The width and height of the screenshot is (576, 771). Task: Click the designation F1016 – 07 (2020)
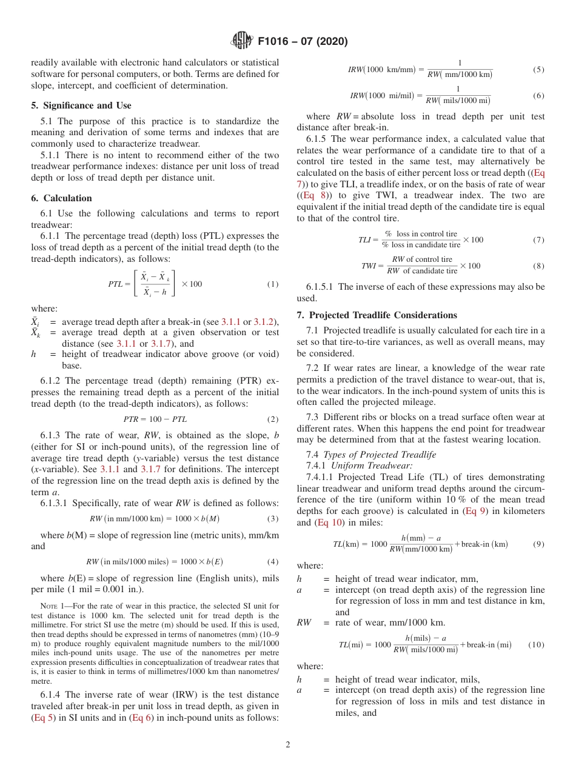pos(303,42)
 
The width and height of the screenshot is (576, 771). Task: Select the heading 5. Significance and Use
pos(81,105)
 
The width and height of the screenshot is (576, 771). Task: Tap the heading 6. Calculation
pos(61,198)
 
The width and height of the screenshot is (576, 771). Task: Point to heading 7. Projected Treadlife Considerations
pos(377,315)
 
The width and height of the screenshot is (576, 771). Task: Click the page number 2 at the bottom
pos(288,745)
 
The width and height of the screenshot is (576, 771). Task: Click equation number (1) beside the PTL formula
pos(273,284)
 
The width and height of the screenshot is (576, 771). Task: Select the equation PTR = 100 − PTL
pos(155,419)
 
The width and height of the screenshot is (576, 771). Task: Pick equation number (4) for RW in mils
pos(273,561)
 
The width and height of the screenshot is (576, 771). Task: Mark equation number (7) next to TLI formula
pos(538,240)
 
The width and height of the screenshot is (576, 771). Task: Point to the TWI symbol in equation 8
pos(368,266)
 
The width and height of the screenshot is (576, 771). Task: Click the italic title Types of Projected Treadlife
pos(379,455)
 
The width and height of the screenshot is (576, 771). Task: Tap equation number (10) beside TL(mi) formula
pos(536,645)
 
